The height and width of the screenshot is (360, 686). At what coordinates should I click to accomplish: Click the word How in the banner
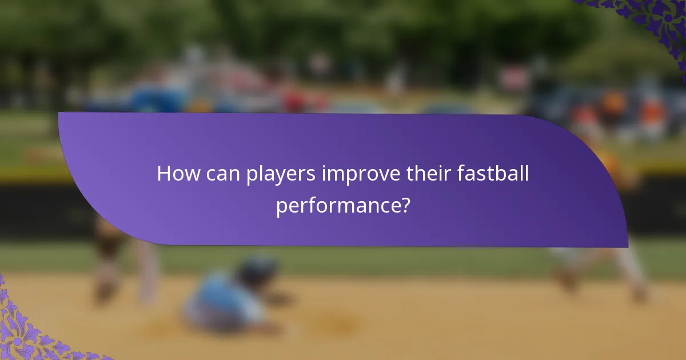(x=175, y=174)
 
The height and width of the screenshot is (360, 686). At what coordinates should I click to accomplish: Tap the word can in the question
(x=220, y=174)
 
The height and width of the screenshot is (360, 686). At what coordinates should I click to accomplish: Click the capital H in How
(x=164, y=174)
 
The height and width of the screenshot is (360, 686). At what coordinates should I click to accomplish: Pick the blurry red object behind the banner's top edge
(x=294, y=103)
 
